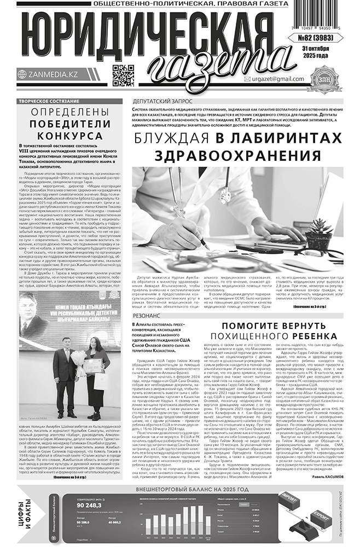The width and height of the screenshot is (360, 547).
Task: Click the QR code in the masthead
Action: [x=123, y=75]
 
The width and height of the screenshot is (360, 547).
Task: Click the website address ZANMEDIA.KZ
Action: [x=50, y=74]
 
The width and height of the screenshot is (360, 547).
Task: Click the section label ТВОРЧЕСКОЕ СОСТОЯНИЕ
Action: [x=45, y=102]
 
